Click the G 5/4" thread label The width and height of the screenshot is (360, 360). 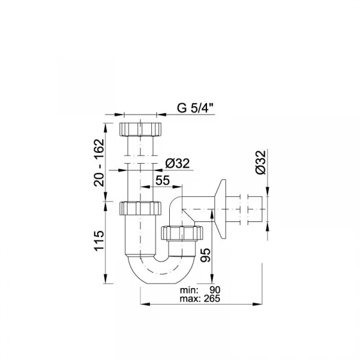coord(196,107)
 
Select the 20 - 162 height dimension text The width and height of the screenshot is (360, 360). coord(99,163)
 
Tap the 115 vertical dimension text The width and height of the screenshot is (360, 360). coord(99,241)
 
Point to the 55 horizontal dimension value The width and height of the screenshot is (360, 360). coord(163,180)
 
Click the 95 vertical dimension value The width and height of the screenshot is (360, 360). coord(205,255)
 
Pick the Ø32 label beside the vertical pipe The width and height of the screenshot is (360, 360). coord(178,163)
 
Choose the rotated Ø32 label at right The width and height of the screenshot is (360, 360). coord(261,163)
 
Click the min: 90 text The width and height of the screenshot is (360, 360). coord(200,290)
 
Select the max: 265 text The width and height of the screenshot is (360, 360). coord(200,299)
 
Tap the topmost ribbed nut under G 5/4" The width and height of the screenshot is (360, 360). coord(140,129)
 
